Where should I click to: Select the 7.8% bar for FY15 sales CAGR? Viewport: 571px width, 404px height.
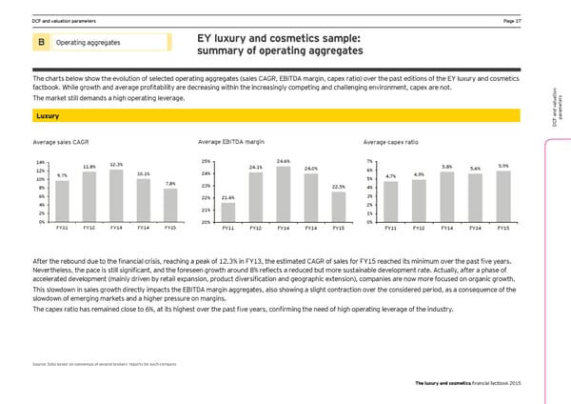point(170,204)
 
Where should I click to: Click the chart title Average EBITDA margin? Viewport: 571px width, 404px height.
point(231,141)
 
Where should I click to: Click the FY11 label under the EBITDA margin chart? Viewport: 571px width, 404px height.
point(227,229)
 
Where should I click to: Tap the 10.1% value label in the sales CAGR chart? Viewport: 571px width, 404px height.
point(143,173)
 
